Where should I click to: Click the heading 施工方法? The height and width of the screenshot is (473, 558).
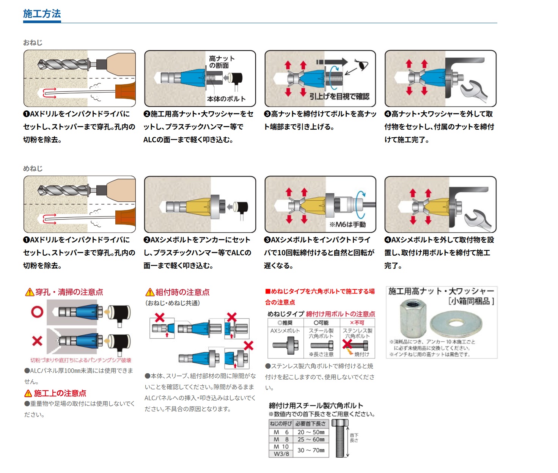click(x=42, y=14)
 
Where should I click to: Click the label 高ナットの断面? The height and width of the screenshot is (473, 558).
click(x=222, y=62)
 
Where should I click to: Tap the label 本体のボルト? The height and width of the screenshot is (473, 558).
click(x=226, y=99)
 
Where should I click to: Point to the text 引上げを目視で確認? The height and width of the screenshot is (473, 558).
click(x=339, y=96)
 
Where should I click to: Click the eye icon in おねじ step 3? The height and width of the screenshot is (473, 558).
click(x=362, y=64)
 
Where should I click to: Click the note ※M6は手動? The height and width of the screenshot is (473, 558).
click(x=347, y=225)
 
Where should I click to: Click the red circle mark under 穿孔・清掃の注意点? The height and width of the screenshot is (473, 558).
click(x=37, y=312)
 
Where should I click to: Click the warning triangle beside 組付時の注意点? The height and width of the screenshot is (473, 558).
click(x=150, y=292)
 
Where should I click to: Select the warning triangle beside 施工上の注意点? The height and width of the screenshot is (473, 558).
click(x=28, y=393)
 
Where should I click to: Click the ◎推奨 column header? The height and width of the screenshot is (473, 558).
click(x=285, y=323)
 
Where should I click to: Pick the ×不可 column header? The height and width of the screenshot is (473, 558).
click(x=357, y=323)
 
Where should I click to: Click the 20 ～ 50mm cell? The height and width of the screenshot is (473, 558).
click(x=311, y=432)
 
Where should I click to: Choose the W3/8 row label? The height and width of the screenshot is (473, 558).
click(x=281, y=454)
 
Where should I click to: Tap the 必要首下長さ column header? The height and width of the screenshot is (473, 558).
click(x=311, y=424)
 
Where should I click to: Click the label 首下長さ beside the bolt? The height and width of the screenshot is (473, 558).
click(x=354, y=438)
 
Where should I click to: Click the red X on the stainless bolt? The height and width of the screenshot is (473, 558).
click(x=347, y=344)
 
